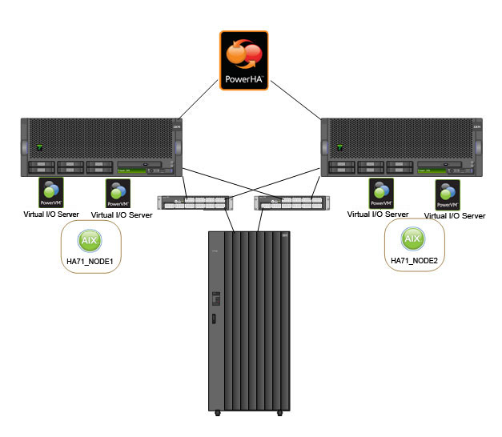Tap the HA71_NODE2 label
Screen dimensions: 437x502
412,261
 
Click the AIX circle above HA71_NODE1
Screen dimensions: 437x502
89,240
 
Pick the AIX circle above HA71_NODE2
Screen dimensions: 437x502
412,239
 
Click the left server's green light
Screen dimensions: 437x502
38,147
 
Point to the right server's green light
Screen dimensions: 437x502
339,147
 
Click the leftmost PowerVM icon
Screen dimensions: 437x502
50,193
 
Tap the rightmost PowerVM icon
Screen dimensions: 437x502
447,195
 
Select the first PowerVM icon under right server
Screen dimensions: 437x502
380,193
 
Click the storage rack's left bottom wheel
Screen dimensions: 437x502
217,413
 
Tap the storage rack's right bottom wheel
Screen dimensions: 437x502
279,413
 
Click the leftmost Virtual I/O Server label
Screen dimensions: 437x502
50,214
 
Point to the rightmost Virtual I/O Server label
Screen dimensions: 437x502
455,215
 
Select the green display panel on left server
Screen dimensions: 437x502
132,170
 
